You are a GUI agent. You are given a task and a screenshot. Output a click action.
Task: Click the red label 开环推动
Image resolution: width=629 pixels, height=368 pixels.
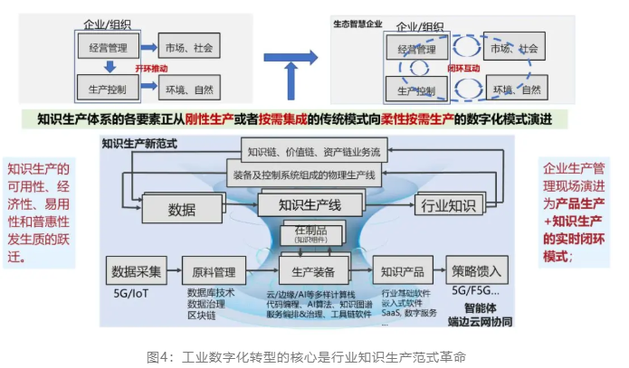click(150, 68)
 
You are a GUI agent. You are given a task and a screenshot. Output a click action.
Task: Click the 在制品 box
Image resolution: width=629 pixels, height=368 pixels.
click(310, 234)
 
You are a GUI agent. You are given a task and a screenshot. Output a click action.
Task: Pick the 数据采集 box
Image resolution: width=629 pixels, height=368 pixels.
click(137, 270)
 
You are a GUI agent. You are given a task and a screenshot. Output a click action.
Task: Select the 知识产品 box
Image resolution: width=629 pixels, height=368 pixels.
click(398, 270)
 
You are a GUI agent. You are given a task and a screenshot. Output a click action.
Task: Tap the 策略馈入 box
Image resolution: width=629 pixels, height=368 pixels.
click(477, 270)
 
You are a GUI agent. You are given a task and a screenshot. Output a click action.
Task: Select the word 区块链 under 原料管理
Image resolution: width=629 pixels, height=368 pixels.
click(201, 315)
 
